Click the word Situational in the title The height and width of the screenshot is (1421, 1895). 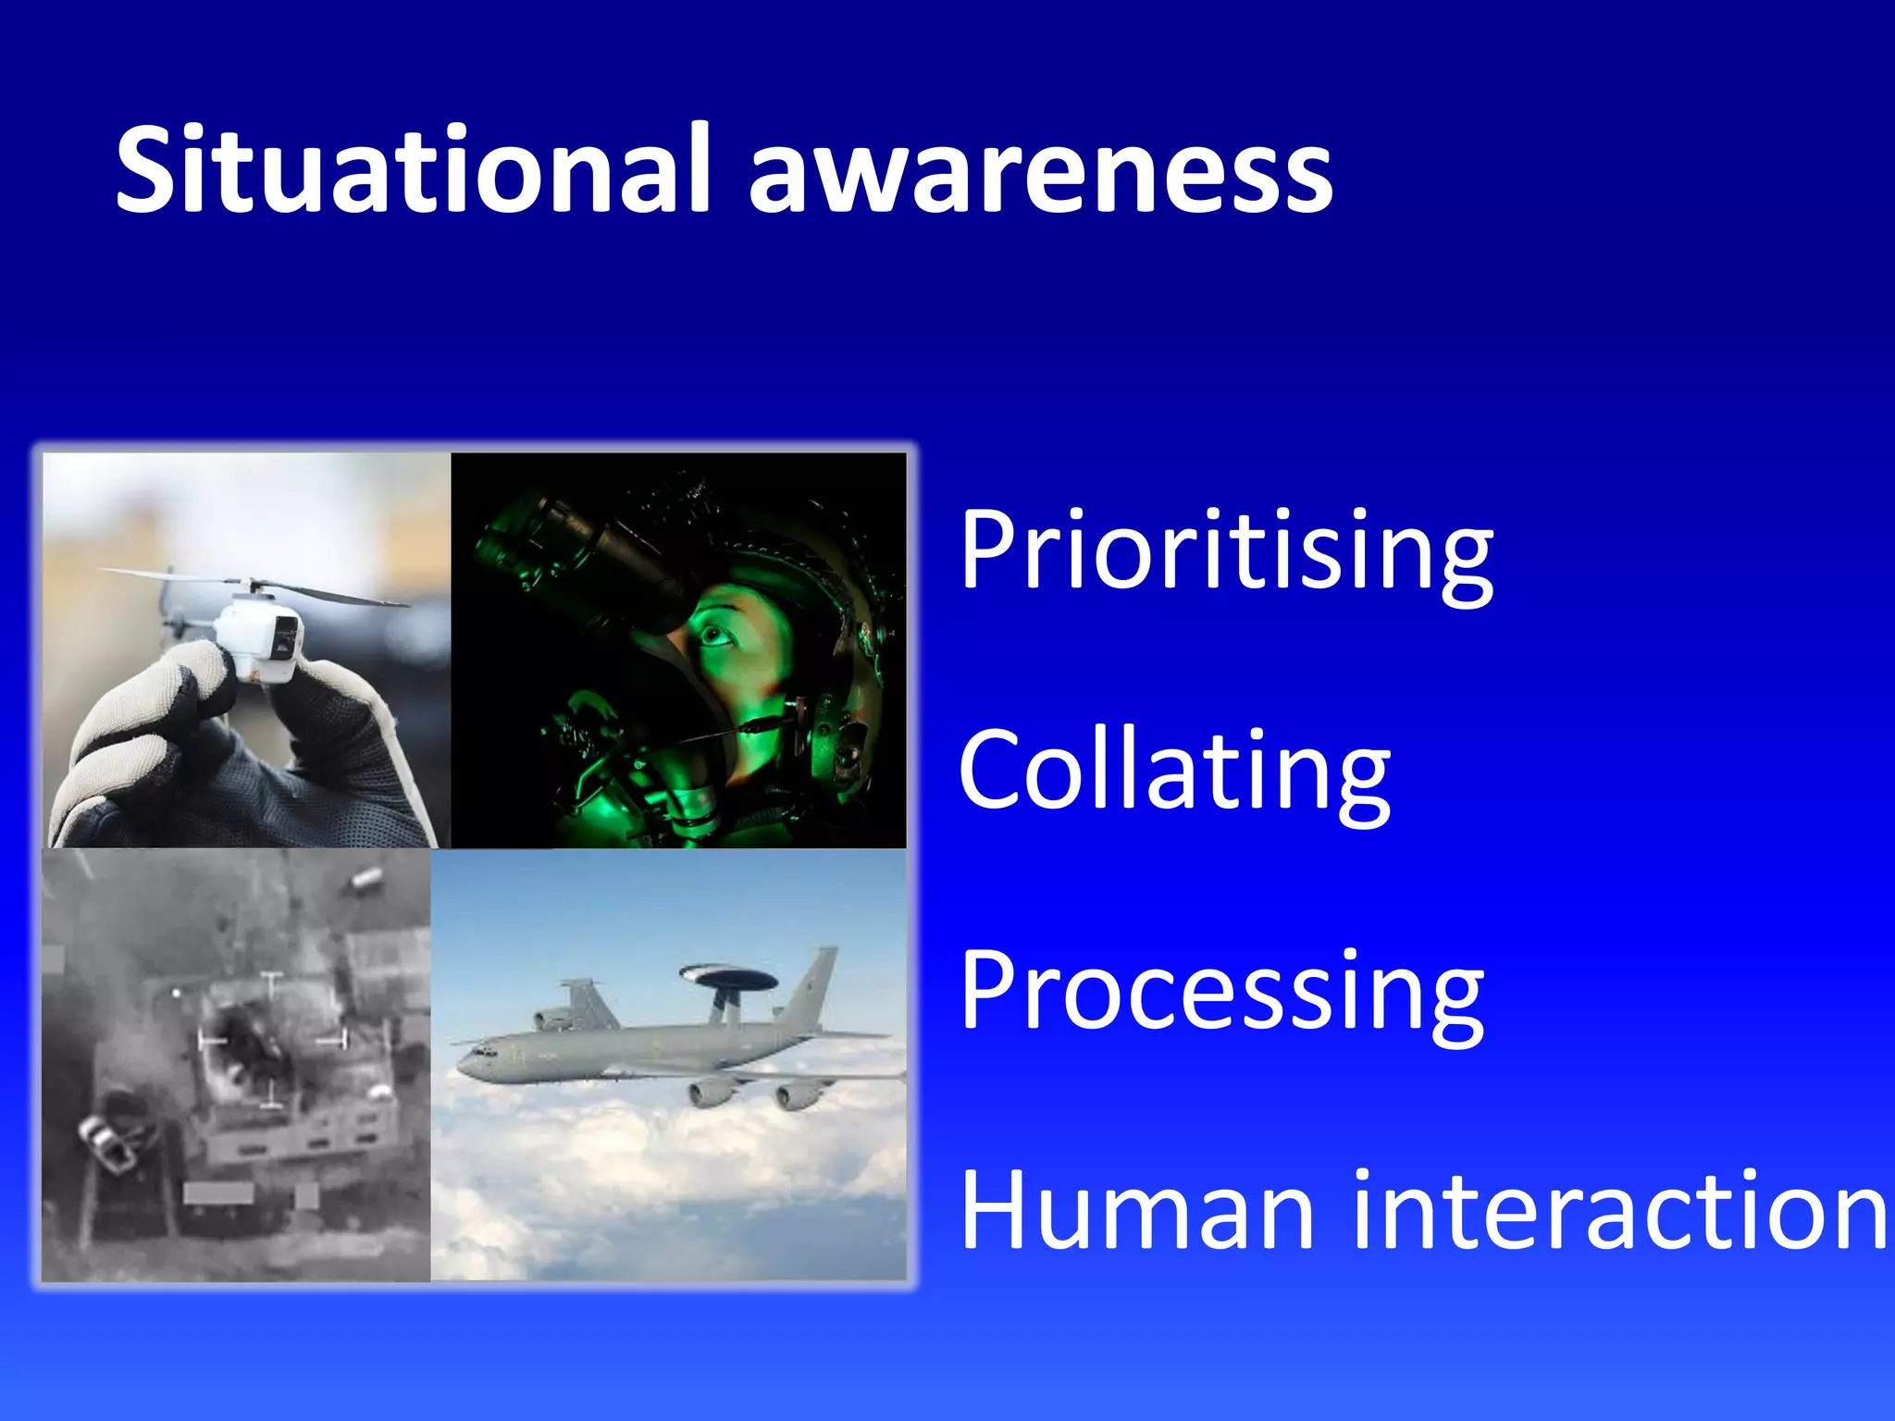point(412,171)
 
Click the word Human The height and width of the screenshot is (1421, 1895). point(1136,1212)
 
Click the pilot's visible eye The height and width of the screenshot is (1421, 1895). point(713,636)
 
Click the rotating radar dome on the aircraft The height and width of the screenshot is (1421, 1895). point(728,976)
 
